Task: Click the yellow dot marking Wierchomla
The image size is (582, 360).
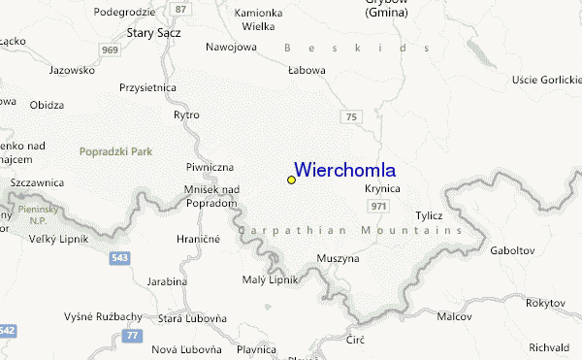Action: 291,180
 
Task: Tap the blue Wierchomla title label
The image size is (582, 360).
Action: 343,170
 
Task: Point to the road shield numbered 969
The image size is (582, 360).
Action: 109,50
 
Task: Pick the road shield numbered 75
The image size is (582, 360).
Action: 352,116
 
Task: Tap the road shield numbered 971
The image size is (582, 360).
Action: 379,207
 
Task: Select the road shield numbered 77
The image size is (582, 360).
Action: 133,335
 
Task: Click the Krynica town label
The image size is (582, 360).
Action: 382,188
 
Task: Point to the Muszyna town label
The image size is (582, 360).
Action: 338,259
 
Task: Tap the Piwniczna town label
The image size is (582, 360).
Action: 210,167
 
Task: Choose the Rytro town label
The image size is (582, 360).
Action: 186,115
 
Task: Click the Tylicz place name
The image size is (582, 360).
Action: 429,214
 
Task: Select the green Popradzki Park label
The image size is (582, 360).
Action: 116,151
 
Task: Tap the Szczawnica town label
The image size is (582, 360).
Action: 37,181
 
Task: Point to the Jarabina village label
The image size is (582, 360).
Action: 167,280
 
